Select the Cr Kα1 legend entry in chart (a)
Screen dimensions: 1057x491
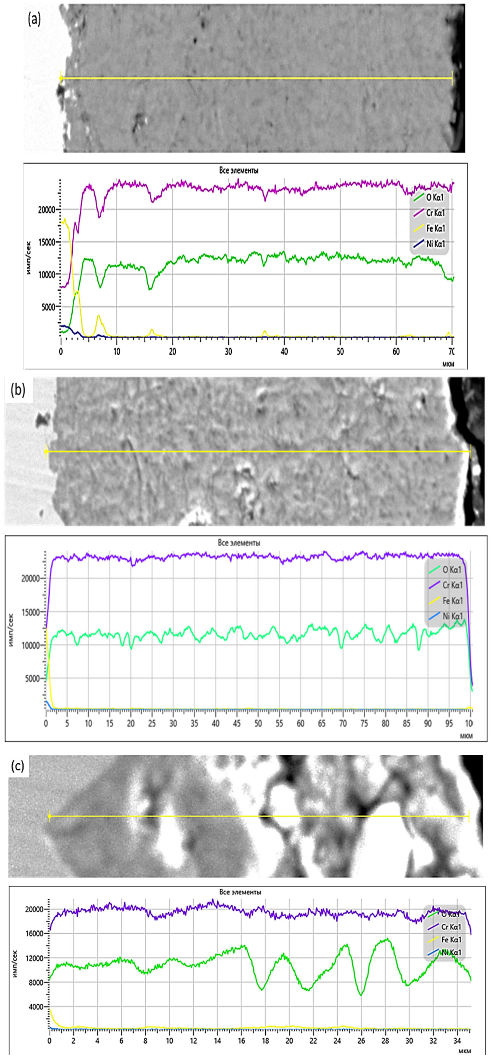435,213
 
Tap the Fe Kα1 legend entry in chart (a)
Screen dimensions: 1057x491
435,229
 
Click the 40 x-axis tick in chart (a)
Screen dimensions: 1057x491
284,352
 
